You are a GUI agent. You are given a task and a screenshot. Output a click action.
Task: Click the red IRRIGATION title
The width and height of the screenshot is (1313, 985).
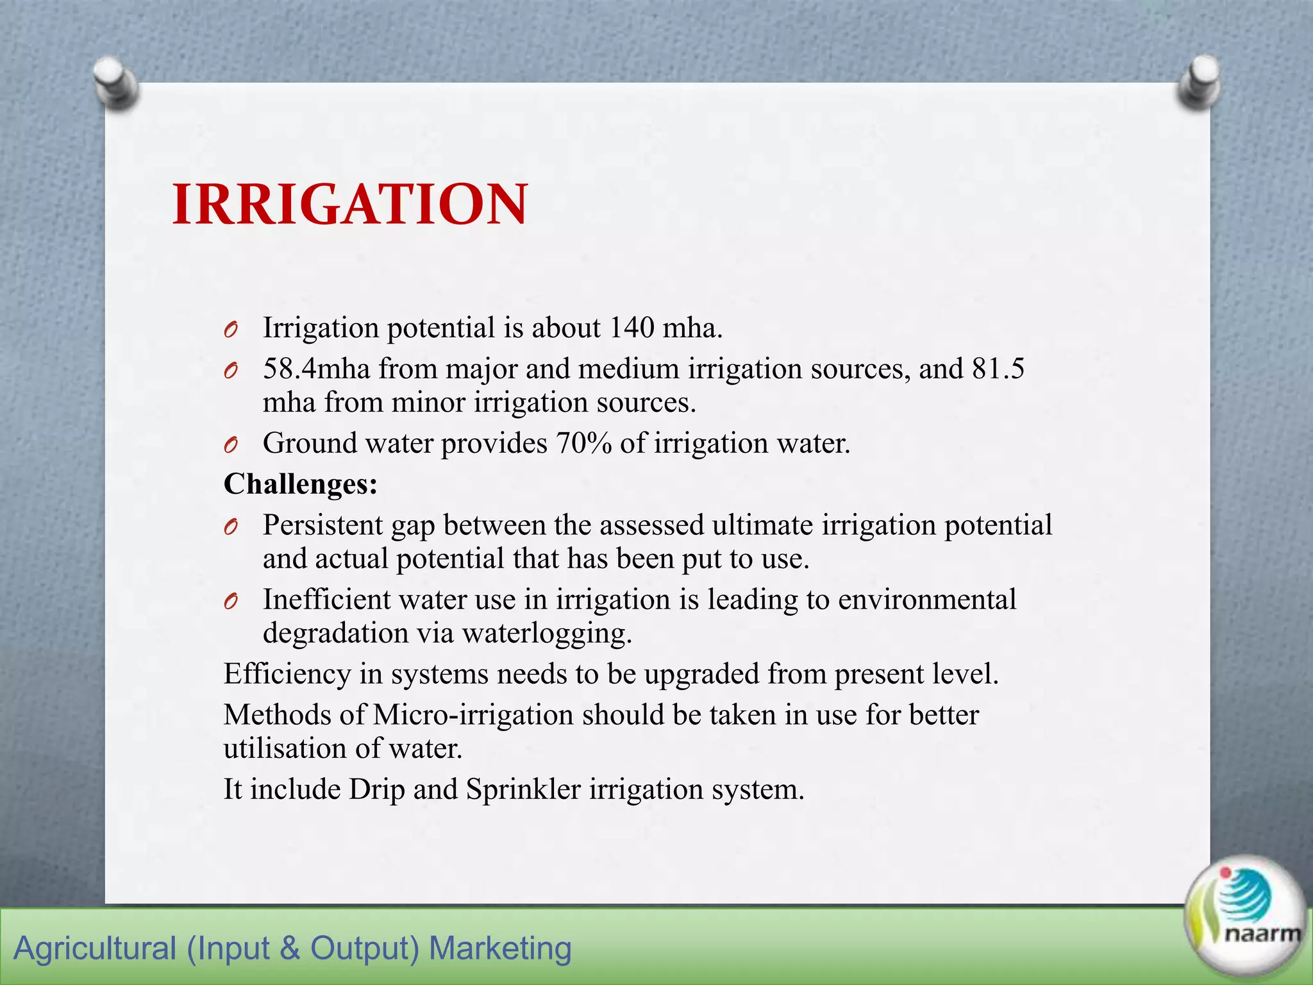click(350, 205)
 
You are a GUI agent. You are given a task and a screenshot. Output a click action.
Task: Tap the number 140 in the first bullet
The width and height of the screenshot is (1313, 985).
click(631, 328)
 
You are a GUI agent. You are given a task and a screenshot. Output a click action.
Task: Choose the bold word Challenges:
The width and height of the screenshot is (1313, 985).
click(301, 484)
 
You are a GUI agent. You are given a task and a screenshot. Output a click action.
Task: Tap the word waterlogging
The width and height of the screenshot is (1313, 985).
click(547, 633)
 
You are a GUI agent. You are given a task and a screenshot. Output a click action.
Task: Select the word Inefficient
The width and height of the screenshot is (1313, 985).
click(326, 600)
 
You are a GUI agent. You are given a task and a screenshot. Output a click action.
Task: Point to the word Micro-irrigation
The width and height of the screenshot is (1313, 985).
click(473, 715)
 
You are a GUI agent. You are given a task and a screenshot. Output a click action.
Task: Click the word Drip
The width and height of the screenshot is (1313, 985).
click(377, 789)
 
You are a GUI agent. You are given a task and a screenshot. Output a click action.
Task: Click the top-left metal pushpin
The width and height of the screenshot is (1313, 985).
click(116, 83)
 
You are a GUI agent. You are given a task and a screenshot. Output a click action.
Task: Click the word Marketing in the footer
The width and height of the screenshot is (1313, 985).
click(500, 948)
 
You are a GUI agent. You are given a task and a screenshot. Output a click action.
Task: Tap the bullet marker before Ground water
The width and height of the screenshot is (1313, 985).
click(231, 444)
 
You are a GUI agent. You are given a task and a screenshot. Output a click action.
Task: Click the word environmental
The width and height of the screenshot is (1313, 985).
click(927, 600)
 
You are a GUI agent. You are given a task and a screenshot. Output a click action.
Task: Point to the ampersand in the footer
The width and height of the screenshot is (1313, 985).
click(290, 948)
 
